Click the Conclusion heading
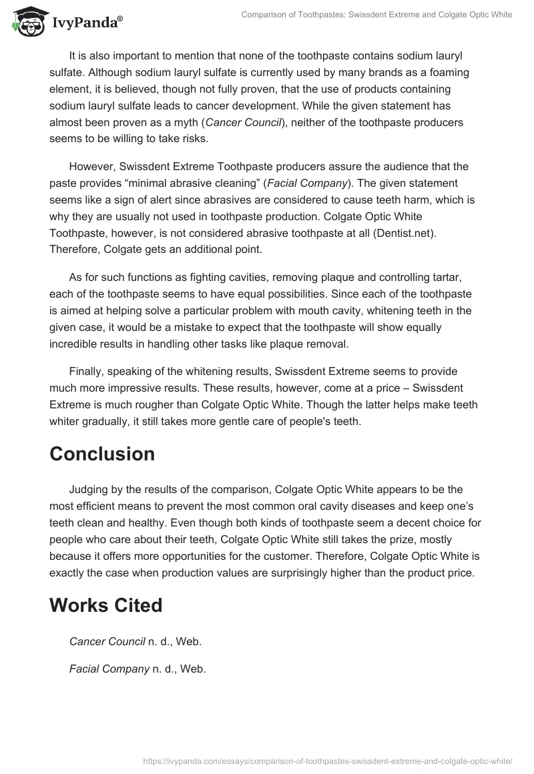[x=102, y=454]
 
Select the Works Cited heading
[x=106, y=605]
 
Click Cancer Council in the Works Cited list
[x=107, y=641]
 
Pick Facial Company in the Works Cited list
[x=109, y=668]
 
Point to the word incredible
[x=78, y=343]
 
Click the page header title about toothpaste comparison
[x=378, y=15]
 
